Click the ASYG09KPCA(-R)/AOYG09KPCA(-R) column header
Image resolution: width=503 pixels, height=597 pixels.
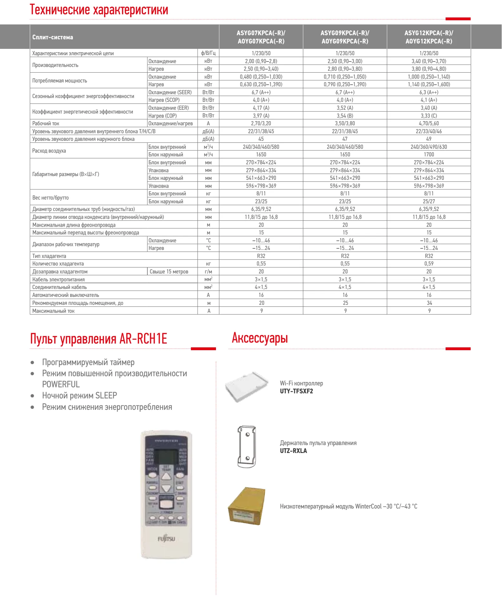(345, 37)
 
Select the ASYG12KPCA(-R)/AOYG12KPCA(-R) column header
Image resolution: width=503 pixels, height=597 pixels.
(428, 37)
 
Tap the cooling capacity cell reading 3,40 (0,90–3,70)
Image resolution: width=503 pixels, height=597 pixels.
(428, 61)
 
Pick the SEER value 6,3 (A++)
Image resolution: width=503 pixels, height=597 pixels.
(428, 92)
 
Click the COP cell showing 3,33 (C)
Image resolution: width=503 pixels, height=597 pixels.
(428, 116)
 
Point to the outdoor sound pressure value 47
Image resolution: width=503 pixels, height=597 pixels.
(345, 139)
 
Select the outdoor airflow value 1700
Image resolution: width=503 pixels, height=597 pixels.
(428, 154)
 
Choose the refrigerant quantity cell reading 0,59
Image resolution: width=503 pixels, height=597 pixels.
(428, 264)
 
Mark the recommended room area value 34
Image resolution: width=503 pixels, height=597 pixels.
(429, 303)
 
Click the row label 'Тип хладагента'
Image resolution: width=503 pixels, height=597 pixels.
(49, 256)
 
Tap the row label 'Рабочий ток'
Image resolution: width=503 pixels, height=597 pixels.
(46, 123)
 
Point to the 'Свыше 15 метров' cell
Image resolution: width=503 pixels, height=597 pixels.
(169, 272)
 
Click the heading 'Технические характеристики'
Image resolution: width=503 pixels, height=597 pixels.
(99, 10)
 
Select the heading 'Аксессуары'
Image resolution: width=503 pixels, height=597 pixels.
(260, 338)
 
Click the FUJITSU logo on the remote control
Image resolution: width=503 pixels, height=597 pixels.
(166, 539)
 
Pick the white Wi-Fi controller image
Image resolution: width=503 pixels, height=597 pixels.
(246, 387)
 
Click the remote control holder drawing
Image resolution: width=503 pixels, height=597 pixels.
(246, 447)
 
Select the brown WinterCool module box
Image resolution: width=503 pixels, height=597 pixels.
(246, 506)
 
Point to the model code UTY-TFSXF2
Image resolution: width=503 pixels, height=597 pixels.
(296, 391)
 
